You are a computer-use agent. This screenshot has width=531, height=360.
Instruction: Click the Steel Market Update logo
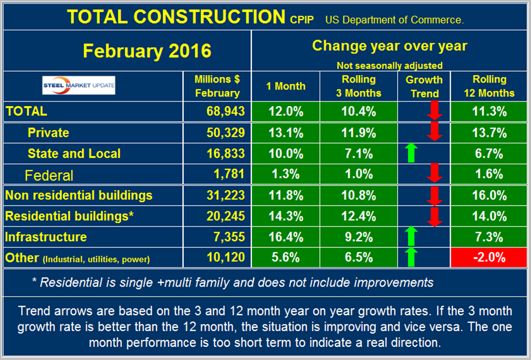coord(79,86)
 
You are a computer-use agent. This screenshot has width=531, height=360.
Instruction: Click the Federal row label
coord(49,174)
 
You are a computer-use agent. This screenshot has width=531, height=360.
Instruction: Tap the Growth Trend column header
coord(424,86)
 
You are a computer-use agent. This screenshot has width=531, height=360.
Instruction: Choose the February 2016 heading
coord(148,51)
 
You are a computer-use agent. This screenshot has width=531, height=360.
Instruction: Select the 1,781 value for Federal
coord(232,174)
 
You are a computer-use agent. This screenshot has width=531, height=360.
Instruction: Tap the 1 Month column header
coord(286,86)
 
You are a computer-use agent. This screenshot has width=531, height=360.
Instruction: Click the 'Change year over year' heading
coord(389,45)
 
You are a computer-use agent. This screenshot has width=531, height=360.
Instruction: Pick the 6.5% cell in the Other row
coord(356,258)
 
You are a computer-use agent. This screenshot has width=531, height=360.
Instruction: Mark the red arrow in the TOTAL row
coord(435,111)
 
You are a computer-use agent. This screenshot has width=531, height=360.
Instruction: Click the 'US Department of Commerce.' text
coord(394,20)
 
